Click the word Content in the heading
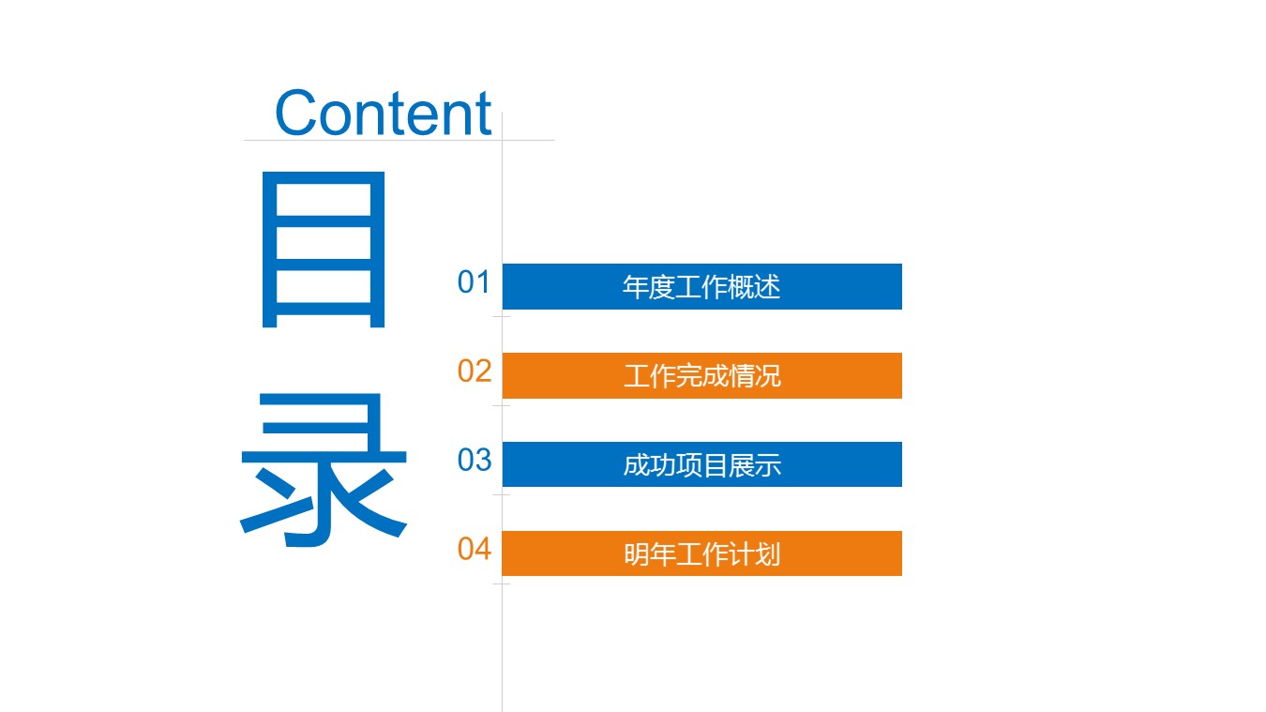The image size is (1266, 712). click(x=383, y=114)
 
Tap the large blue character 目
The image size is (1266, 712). click(x=324, y=250)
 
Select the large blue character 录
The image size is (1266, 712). click(x=324, y=471)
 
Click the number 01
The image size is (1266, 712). click(x=475, y=282)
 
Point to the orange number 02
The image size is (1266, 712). click(x=475, y=371)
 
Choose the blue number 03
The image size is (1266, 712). click(x=475, y=461)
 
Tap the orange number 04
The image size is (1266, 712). click(x=475, y=550)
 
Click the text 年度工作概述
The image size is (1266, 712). click(x=701, y=287)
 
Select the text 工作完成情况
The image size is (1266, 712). click(x=701, y=376)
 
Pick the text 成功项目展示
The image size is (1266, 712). click(x=701, y=465)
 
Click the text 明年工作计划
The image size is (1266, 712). click(x=701, y=554)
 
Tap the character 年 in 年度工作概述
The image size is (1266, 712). click(x=636, y=287)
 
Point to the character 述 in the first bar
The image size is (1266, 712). click(x=768, y=287)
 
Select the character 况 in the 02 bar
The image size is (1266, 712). click(x=768, y=376)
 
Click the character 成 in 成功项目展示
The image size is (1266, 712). click(x=636, y=465)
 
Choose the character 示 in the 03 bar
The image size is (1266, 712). click(x=768, y=465)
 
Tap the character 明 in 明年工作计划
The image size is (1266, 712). click(x=636, y=554)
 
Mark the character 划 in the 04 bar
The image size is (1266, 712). click(x=768, y=554)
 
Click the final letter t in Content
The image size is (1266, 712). click(x=483, y=114)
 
